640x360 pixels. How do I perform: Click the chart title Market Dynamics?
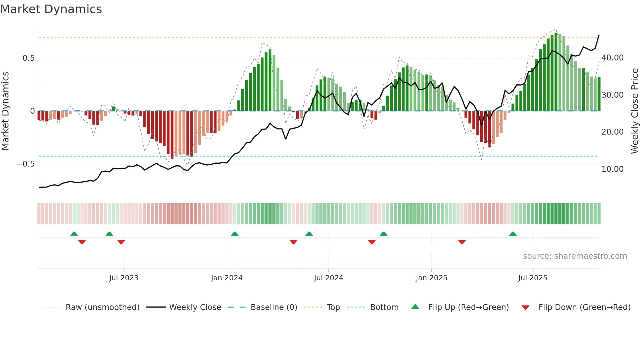[x=51, y=9]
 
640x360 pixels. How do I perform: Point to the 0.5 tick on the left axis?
[x=28, y=58]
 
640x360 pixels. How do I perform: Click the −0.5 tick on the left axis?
[x=26, y=164]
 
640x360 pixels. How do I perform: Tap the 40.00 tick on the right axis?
[x=613, y=58]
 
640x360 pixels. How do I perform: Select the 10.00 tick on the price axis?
[x=613, y=169]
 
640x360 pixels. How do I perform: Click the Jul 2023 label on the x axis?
[x=124, y=278]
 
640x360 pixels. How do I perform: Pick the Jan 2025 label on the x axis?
[x=431, y=278]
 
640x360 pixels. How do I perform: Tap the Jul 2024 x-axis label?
[x=328, y=278]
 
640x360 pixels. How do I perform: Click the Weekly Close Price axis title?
[x=634, y=111]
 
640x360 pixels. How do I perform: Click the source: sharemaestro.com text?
[x=575, y=256]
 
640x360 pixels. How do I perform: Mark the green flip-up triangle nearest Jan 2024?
[x=234, y=234]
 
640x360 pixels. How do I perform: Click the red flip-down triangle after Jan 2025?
[x=462, y=242]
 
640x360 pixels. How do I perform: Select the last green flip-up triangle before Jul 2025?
[x=513, y=234]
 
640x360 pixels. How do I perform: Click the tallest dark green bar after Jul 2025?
[x=556, y=72]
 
